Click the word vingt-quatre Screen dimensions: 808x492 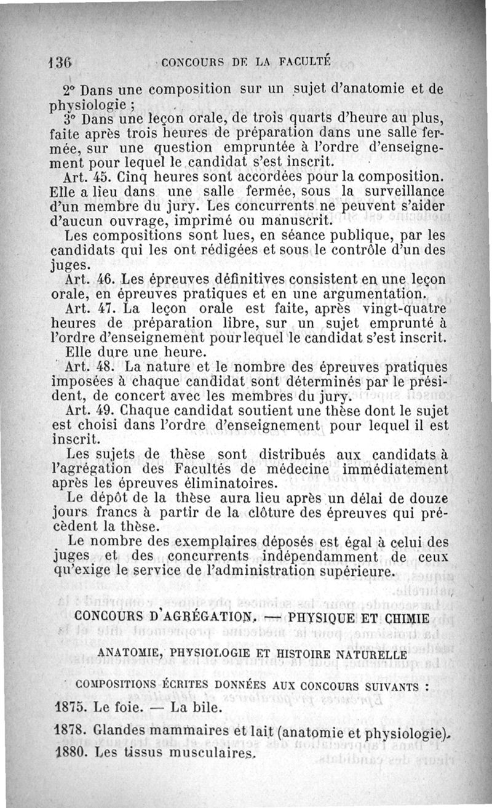[405, 308]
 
